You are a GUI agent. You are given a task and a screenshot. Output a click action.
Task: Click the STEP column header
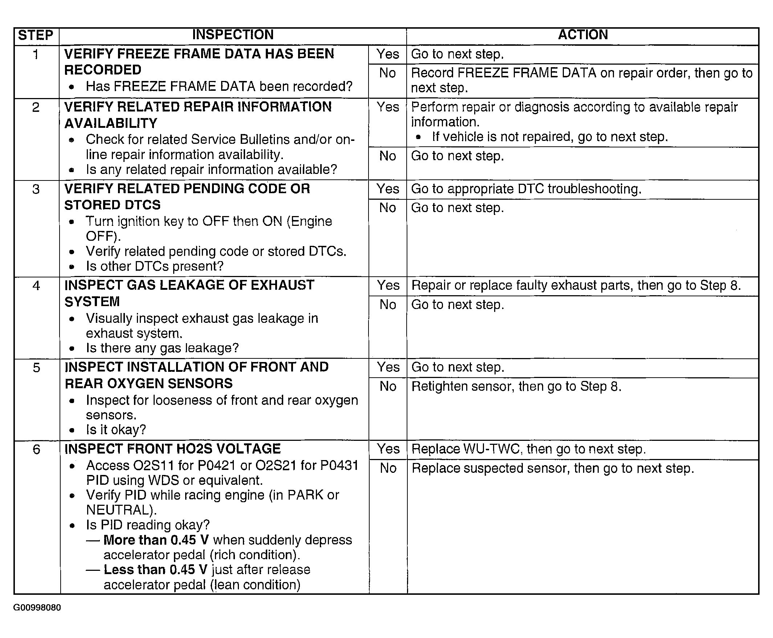[x=36, y=35]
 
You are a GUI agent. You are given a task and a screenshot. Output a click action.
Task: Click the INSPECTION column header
[x=233, y=34]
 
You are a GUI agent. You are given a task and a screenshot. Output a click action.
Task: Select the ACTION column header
[x=583, y=34]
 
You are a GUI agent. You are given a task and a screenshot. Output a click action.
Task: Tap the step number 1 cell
[x=36, y=54]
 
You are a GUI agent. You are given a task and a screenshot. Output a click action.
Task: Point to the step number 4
[x=36, y=285]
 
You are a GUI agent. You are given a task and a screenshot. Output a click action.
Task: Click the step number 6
[x=36, y=449]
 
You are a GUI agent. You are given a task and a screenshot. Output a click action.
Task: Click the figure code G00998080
[x=37, y=607]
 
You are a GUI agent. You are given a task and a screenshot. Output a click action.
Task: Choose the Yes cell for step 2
[x=388, y=107]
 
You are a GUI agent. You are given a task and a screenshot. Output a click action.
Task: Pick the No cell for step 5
[x=388, y=386]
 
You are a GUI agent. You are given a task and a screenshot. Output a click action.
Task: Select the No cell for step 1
[x=388, y=73]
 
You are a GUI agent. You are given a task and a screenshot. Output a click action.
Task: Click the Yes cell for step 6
[x=388, y=449]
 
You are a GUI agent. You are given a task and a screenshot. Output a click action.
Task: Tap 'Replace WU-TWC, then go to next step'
[x=528, y=449]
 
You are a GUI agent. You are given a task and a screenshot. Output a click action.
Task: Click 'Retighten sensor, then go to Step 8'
[x=516, y=387]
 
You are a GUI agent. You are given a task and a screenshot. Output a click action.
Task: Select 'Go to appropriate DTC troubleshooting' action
[x=526, y=189]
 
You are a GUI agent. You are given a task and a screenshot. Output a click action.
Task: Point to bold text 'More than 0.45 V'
[x=156, y=540]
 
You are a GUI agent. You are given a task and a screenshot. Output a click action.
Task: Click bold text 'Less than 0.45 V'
[x=155, y=570]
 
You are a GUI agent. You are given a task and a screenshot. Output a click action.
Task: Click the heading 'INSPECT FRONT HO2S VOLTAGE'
[x=173, y=449]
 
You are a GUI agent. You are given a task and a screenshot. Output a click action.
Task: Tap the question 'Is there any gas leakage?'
[x=162, y=348]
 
